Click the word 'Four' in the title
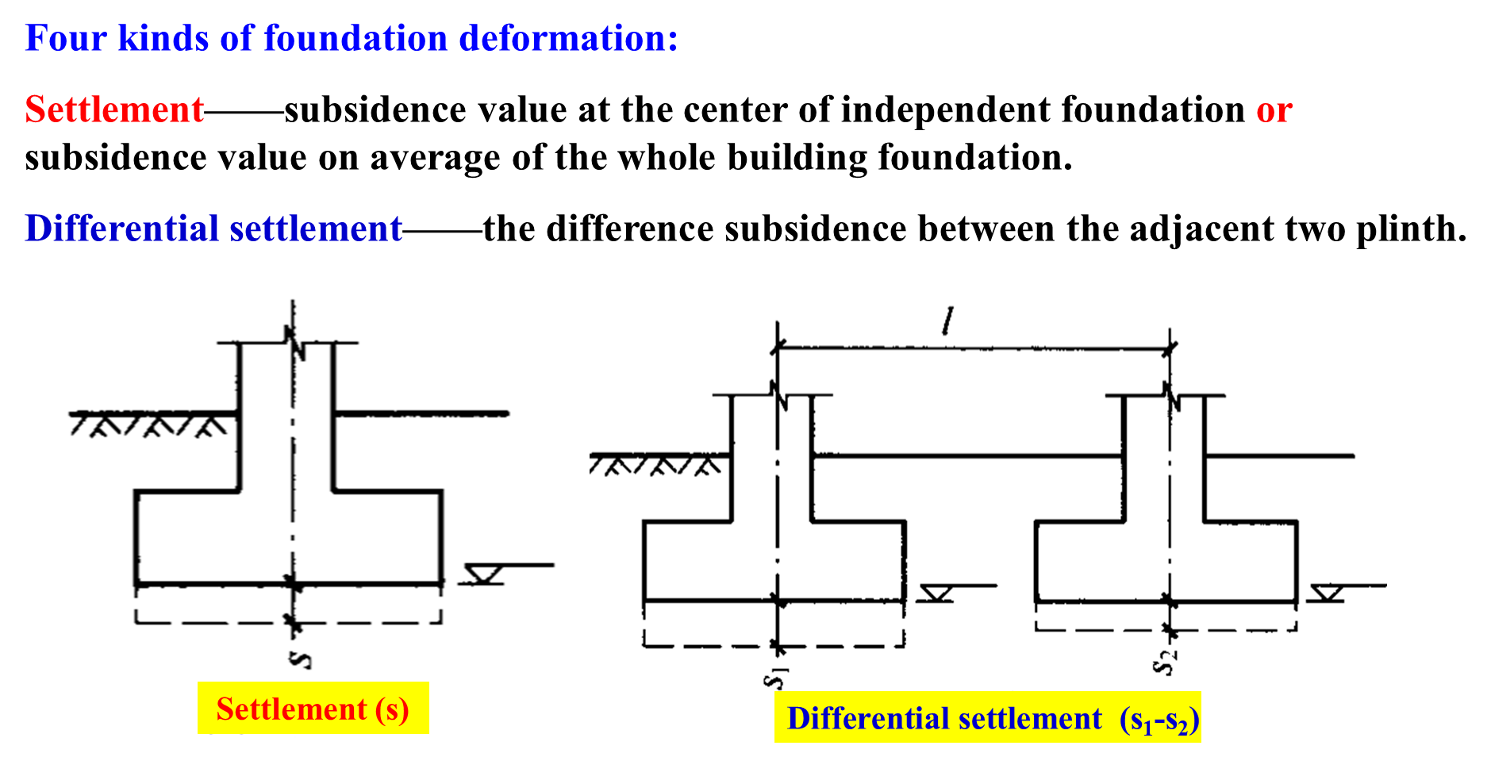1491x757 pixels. point(65,38)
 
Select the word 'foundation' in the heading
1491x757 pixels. point(355,38)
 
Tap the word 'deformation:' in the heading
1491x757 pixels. point(568,38)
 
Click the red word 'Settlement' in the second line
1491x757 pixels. point(114,110)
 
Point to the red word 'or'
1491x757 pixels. point(1274,110)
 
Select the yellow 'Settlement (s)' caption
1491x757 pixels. point(313,709)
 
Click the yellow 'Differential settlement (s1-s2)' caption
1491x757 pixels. point(987,718)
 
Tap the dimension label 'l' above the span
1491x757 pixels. point(947,321)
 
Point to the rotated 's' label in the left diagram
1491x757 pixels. point(300,658)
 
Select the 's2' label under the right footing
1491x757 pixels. point(1165,661)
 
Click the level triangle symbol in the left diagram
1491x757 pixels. point(482,574)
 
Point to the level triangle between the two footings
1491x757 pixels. point(936,593)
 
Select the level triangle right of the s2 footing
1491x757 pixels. point(1326,593)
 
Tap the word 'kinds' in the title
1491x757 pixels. point(163,38)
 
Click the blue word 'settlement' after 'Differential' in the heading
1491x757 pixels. point(316,229)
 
